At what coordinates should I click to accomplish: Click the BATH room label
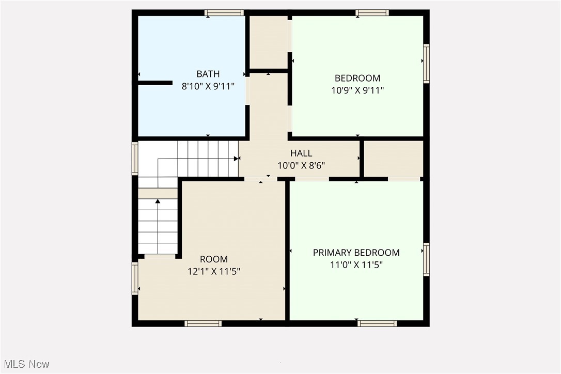208,74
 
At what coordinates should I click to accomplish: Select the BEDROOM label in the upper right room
357,79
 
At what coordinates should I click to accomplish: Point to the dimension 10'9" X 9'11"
357,90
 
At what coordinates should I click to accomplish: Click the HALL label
301,153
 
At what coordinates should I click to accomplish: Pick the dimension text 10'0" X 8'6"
301,165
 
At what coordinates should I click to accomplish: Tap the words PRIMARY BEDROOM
356,253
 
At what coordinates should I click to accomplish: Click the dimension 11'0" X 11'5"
356,265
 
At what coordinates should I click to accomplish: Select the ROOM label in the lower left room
213,259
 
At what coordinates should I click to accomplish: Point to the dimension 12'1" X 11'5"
213,271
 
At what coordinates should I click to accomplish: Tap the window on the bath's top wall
224,13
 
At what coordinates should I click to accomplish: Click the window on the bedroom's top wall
371,13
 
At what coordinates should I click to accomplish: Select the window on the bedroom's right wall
426,64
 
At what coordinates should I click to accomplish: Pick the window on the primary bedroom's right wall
426,259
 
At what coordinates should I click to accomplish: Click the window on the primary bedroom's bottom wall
377,323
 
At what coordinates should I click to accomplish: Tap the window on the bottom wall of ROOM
203,323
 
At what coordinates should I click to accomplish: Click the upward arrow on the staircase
158,201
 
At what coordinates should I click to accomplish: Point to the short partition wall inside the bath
155,83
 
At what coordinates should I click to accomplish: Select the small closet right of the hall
394,159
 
